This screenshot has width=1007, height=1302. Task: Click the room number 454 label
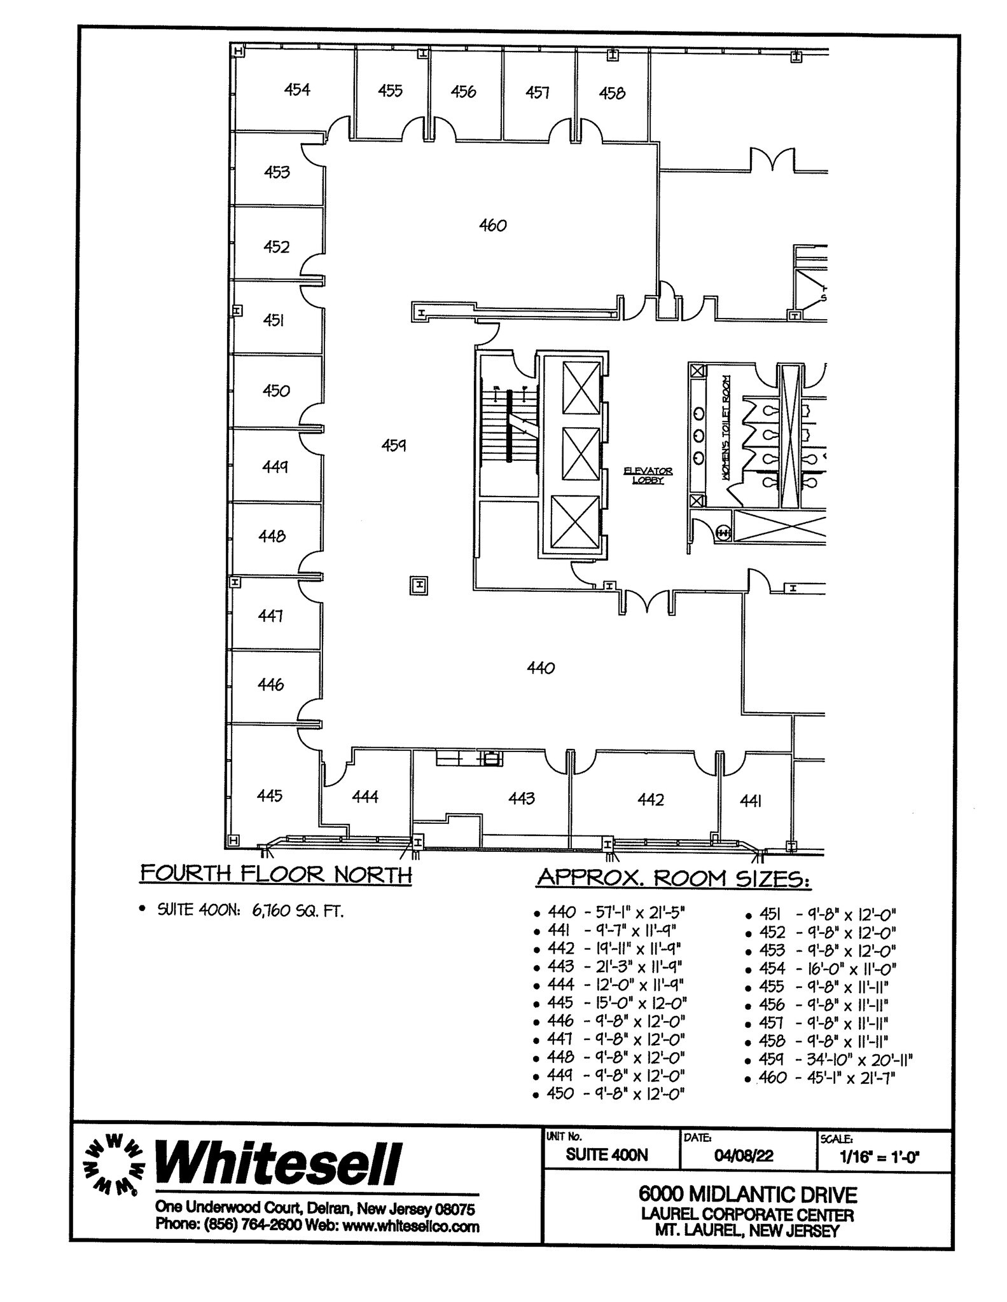[x=297, y=90]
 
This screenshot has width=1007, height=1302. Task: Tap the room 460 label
[x=492, y=225]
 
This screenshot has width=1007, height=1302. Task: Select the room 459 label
[x=394, y=445]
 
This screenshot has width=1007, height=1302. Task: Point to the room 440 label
[x=541, y=668]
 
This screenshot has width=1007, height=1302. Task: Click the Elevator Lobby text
[x=648, y=476]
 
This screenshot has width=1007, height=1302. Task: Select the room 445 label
[x=270, y=795]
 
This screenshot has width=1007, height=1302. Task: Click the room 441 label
[x=751, y=802]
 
